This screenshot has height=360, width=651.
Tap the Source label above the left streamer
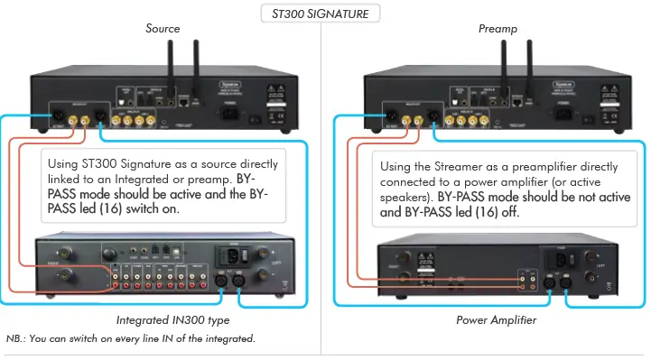click(163, 29)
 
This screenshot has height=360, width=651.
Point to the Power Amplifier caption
click(498, 319)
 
